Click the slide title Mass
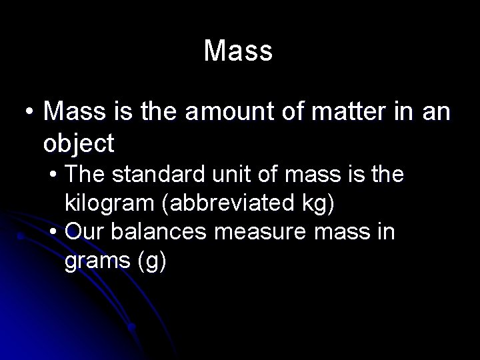(x=239, y=51)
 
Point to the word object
(x=78, y=143)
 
